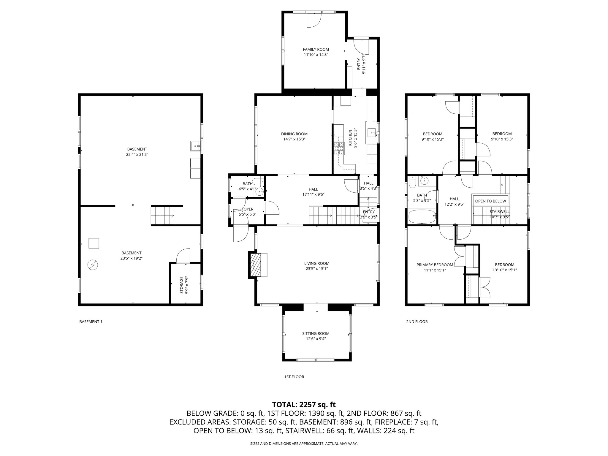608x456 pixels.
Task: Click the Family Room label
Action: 316,50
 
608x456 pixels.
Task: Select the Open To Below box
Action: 490,201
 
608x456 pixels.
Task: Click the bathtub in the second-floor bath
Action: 422,216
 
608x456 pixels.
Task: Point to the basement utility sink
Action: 195,146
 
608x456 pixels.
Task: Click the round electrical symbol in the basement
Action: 93,265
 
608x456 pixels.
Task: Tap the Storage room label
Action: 182,285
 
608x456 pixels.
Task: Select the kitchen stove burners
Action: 339,149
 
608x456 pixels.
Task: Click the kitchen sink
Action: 371,132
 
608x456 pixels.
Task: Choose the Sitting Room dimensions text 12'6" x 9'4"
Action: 316,339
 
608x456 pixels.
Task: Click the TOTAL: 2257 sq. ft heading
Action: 304,404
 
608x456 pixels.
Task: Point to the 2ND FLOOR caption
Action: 417,322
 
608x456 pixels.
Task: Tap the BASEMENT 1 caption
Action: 91,322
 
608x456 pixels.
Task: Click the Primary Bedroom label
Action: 435,265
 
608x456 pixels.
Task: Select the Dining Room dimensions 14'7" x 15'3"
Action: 294,139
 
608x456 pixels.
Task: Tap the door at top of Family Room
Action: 314,20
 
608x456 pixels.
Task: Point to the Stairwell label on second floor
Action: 499,212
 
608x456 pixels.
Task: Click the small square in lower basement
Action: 94,243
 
